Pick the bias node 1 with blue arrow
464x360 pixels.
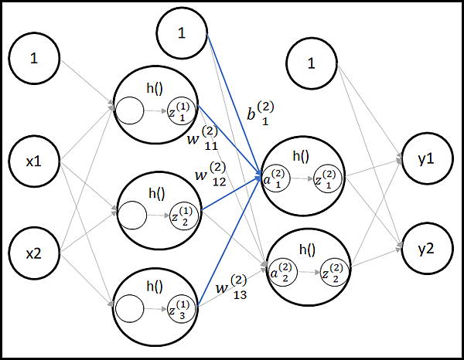[x=182, y=32]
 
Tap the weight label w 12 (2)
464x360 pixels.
[x=211, y=175]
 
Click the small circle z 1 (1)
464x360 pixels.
[x=181, y=112]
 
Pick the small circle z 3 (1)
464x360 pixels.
[x=182, y=309]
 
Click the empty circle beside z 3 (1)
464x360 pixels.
[x=127, y=310]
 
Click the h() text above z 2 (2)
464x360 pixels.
[x=307, y=250]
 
